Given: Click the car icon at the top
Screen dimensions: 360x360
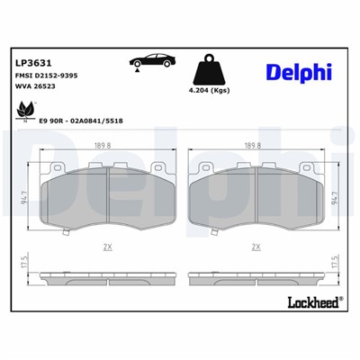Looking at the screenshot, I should (148, 62).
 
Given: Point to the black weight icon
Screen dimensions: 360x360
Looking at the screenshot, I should (208, 67).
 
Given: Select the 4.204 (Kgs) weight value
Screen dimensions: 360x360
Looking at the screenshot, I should (208, 91).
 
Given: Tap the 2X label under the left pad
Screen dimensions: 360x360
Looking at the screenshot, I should (107, 246).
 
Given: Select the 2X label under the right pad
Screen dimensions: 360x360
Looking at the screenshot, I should (256, 246).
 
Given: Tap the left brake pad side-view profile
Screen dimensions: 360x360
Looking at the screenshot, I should (107, 275).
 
